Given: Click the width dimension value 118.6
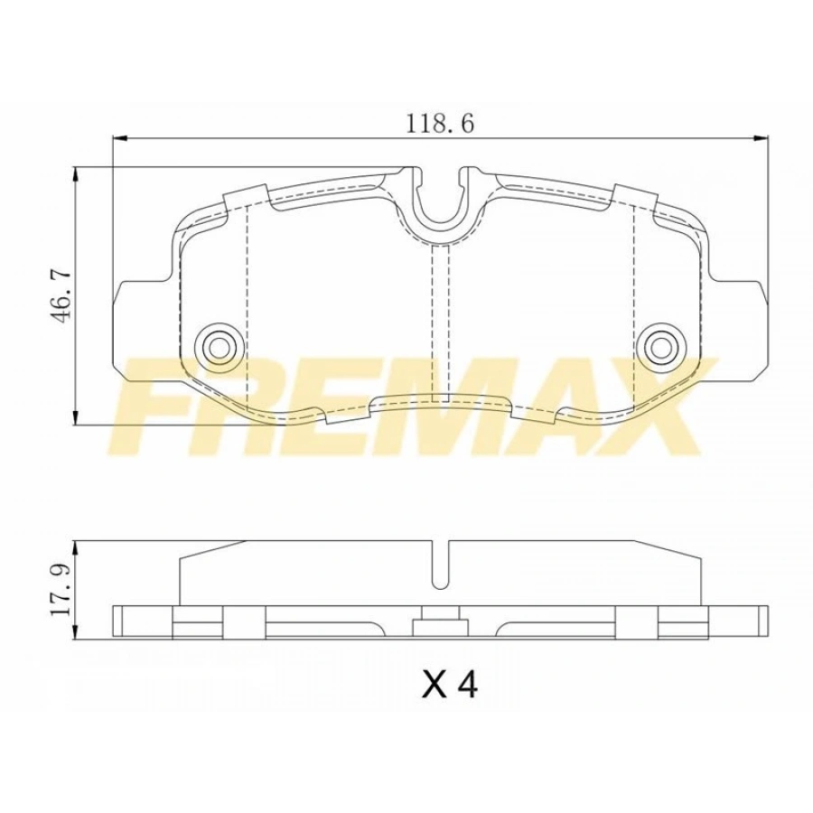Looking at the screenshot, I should pos(440,124).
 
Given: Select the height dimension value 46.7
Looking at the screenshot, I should pos(59,294).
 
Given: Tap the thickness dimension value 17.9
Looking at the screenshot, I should pos(60,589).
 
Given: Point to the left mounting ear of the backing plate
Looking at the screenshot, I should pos(135,325).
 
